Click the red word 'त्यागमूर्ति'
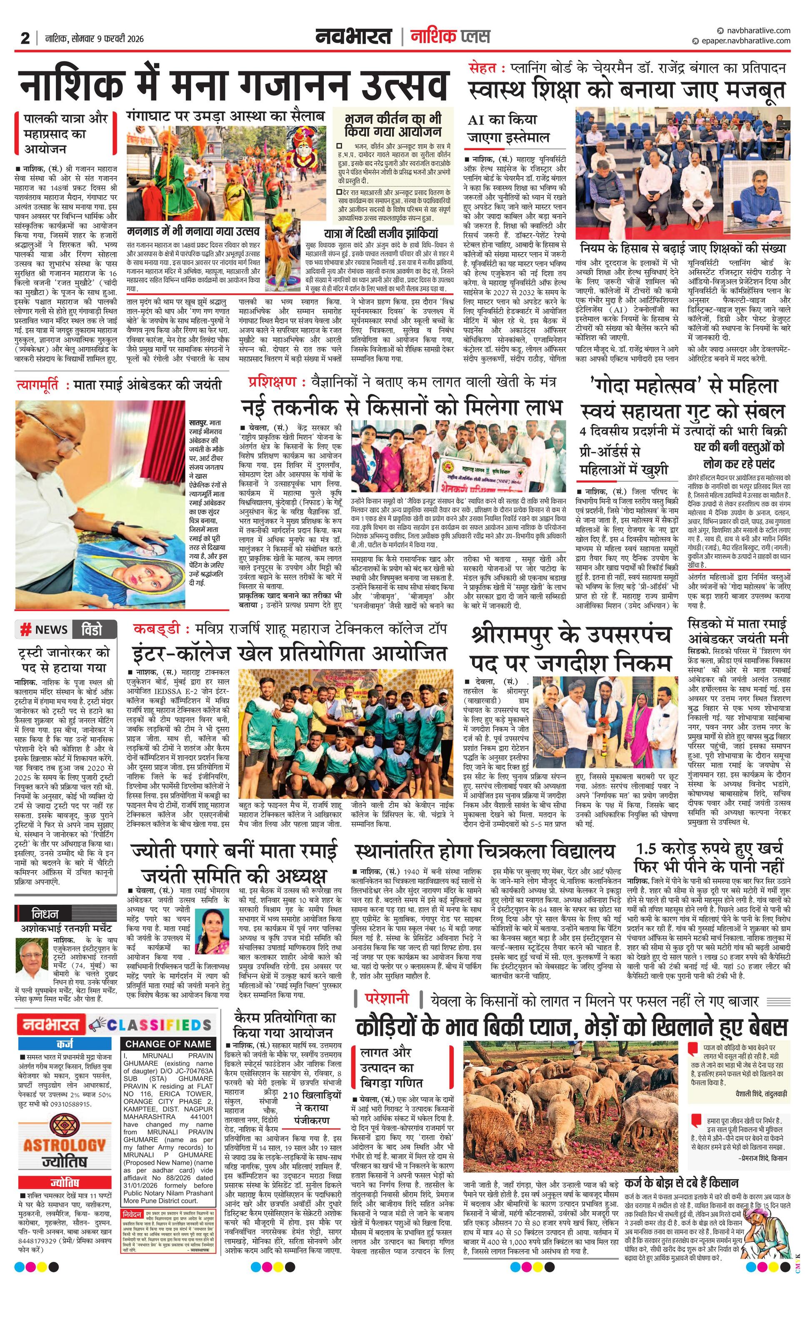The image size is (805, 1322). coord(39,385)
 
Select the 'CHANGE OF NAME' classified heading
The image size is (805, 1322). coord(168,1044)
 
